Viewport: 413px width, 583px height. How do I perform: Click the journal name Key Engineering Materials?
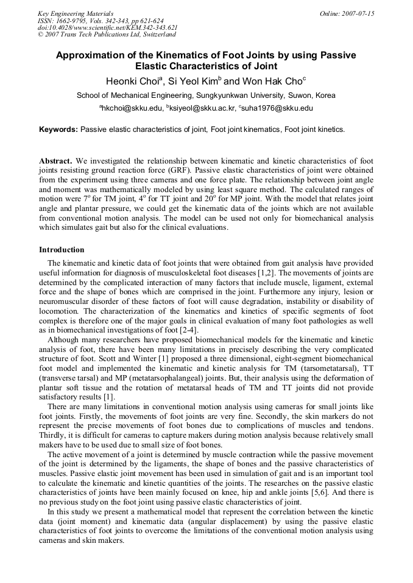[x=75, y=13]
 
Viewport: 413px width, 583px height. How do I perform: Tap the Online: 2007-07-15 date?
[x=347, y=13]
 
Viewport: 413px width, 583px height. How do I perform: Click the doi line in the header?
[x=107, y=27]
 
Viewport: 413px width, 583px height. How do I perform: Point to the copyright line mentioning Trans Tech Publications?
[x=107, y=35]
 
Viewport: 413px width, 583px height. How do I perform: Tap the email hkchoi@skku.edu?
[x=132, y=109]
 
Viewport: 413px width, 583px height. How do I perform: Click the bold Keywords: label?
[x=58, y=129]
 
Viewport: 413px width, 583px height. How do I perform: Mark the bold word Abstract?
[x=55, y=161]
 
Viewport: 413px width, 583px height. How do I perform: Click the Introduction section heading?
[x=62, y=250]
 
